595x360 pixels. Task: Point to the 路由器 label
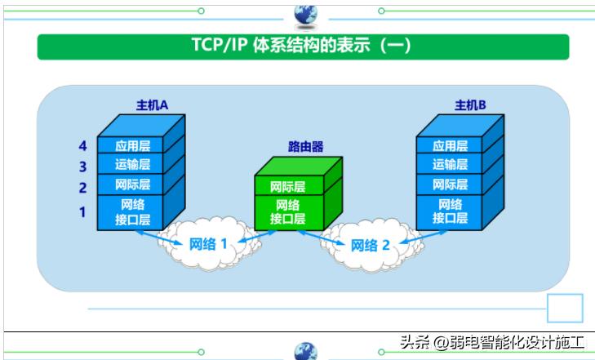click(x=306, y=147)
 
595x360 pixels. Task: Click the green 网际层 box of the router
click(x=288, y=187)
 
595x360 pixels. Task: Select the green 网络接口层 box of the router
click(x=288, y=211)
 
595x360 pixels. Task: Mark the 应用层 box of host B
click(x=450, y=146)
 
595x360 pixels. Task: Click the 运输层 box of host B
click(x=450, y=166)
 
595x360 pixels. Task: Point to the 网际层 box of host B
click(x=450, y=185)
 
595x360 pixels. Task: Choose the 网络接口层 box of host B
click(x=450, y=211)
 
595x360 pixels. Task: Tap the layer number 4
click(x=82, y=146)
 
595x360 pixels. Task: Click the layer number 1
click(x=82, y=212)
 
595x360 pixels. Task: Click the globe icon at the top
click(x=305, y=13)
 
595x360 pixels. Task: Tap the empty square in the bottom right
click(x=564, y=309)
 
